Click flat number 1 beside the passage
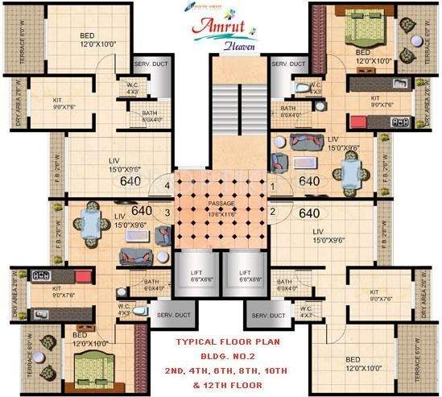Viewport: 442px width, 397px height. [272, 187]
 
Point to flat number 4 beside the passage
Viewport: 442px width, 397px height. [167, 187]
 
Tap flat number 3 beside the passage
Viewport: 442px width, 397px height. [167, 213]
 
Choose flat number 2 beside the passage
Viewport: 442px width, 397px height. [272, 213]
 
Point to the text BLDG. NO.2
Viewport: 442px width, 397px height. [221, 355]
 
